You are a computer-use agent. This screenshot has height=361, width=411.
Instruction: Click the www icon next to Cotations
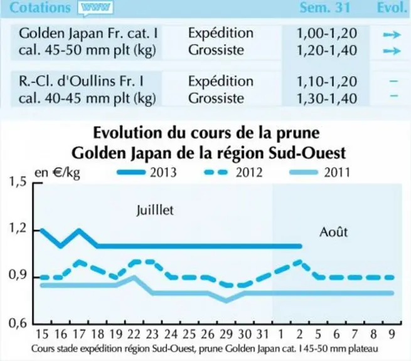pos(95,8)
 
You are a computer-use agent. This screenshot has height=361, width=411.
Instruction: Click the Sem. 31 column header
pos(325,8)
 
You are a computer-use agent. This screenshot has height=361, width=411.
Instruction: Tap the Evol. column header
pos(392,8)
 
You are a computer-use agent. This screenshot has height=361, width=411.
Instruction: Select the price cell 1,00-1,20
pos(326,33)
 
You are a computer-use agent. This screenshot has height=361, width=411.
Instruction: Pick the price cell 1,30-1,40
pos(326,98)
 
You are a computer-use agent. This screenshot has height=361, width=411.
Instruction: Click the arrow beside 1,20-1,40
pos(392,51)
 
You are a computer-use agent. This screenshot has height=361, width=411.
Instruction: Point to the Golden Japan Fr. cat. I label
pos(88,33)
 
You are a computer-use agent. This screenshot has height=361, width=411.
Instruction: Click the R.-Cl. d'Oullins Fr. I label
pos(81,81)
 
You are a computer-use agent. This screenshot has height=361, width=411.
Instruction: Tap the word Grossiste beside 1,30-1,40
pos(216,98)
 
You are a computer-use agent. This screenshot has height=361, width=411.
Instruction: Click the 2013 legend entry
pos(147,172)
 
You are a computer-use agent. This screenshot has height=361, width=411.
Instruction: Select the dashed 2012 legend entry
pos(233,172)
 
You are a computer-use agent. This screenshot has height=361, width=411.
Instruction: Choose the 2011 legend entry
pos(319,172)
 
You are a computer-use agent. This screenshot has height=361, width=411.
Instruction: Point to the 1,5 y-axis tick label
pos(18,182)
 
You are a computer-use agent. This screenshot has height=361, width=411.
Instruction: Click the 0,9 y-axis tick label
pos(18,275)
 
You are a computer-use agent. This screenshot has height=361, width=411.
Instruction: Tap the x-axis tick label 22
pos(134,334)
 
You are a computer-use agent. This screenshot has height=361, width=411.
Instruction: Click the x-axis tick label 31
pos(263,334)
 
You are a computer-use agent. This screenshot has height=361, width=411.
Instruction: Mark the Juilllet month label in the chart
pos(155,210)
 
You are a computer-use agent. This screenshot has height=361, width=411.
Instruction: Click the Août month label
pos(333,231)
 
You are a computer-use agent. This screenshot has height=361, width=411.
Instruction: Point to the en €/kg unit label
pos(57,173)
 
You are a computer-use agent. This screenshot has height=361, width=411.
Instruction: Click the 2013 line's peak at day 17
pos(79,231)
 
